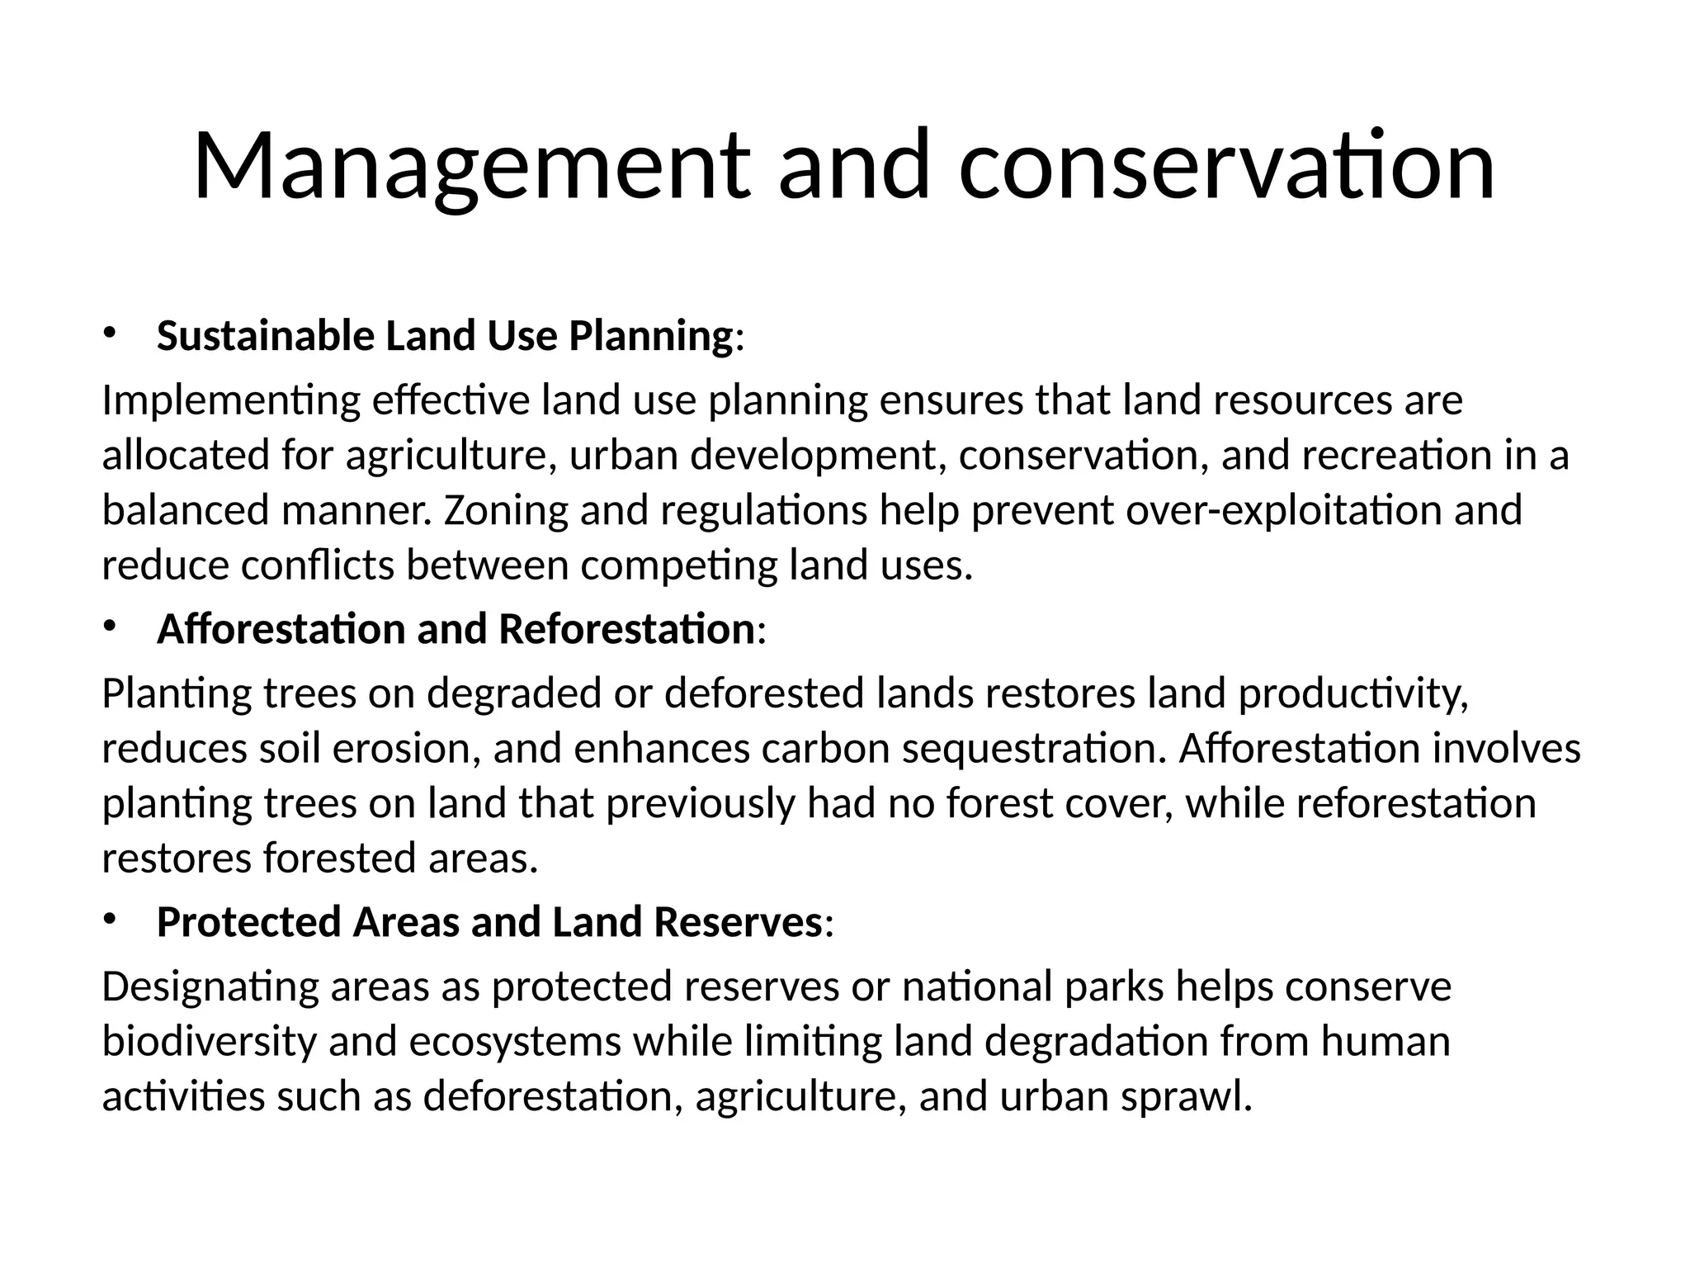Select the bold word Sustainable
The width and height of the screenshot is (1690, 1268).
[265, 336]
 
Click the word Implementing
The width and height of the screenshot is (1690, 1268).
[231, 401]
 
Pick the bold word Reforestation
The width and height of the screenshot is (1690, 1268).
[626, 629]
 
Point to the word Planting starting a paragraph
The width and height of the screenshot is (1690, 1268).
[176, 694]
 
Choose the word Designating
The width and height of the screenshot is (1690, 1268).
[210, 987]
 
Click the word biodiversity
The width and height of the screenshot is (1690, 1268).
[209, 1042]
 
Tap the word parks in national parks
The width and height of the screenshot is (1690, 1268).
[1114, 987]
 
